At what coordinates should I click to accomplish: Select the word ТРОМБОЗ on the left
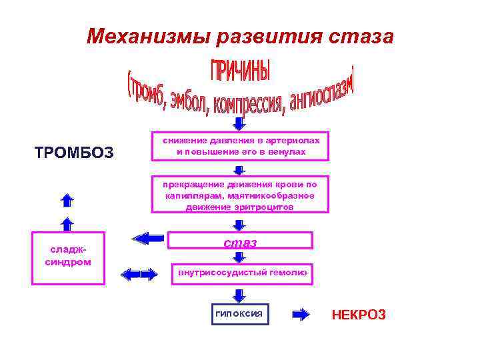[x=74, y=153]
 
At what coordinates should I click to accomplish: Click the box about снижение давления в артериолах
[x=241, y=146]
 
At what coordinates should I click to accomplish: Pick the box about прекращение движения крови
[x=241, y=195]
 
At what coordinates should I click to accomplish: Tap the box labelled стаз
[x=240, y=242]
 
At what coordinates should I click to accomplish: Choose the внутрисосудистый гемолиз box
[x=241, y=272]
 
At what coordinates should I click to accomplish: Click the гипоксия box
[x=240, y=314]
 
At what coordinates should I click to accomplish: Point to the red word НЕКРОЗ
[x=359, y=315]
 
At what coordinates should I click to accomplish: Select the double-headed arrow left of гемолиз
[x=139, y=273]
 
